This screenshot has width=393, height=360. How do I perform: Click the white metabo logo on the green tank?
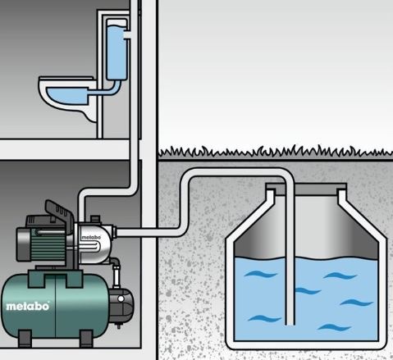(x=28, y=306)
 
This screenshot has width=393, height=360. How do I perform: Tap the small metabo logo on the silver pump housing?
(x=91, y=237)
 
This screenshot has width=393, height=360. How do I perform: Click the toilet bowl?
(x=67, y=97)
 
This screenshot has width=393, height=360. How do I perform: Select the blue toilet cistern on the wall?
(x=117, y=52)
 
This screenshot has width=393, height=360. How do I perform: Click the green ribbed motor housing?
(x=48, y=244)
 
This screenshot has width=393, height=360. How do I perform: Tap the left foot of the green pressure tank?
(x=25, y=339)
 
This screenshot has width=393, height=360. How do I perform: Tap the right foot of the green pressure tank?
(x=86, y=339)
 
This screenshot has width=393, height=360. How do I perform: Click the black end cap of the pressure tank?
(x=121, y=305)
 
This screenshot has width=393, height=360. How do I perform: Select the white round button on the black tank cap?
(x=121, y=299)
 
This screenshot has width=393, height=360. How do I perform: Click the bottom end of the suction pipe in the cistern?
(x=290, y=324)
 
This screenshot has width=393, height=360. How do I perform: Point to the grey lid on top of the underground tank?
(x=306, y=189)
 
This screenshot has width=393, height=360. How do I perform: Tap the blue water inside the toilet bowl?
(x=67, y=96)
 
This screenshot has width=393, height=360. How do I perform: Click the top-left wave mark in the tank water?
(x=261, y=274)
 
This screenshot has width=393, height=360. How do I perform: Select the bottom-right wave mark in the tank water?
(x=334, y=327)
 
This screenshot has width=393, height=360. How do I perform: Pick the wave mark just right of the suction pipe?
(x=308, y=290)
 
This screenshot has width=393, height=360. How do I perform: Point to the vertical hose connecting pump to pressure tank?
(x=117, y=273)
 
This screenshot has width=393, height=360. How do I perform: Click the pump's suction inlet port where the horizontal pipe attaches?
(x=115, y=232)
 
